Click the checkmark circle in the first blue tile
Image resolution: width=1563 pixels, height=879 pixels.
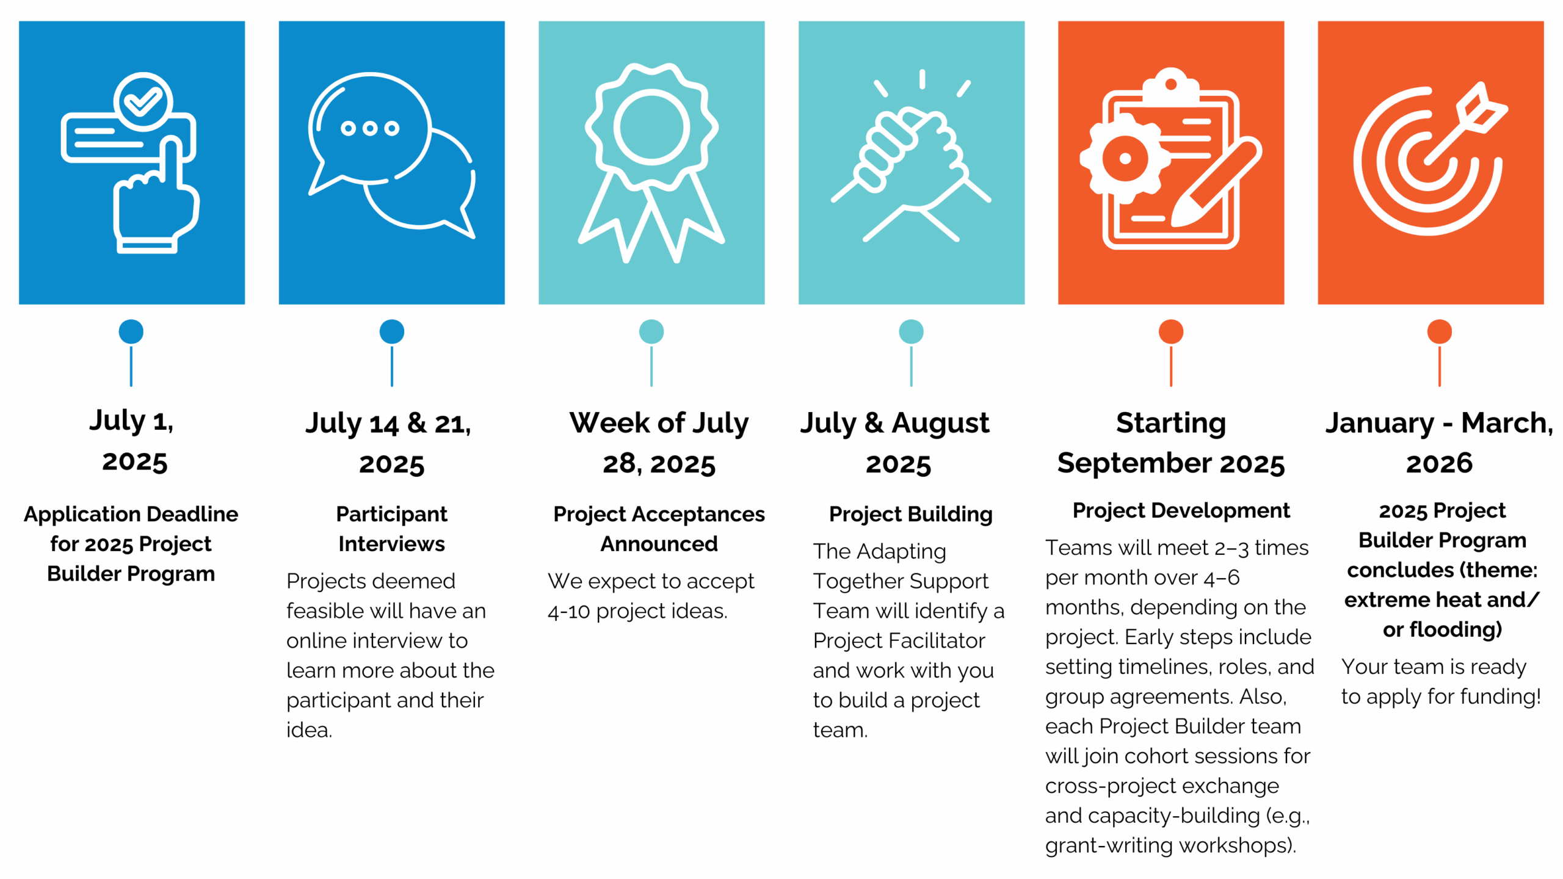[143, 101]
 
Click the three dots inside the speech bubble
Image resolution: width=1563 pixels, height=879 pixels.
[369, 128]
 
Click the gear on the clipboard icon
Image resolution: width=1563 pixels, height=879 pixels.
[1125, 159]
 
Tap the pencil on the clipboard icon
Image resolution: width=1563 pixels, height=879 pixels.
[1215, 183]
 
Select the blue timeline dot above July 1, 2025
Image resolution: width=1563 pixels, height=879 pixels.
[131, 331]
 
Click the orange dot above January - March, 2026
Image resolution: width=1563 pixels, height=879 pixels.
[1439, 331]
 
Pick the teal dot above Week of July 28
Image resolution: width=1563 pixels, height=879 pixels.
[651, 331]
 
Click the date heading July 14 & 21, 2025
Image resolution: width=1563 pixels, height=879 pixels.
[390, 443]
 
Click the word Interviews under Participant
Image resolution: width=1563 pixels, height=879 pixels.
[392, 543]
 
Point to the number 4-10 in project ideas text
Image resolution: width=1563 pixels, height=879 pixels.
[569, 611]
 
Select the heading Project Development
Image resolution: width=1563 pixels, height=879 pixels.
[1181, 510]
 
